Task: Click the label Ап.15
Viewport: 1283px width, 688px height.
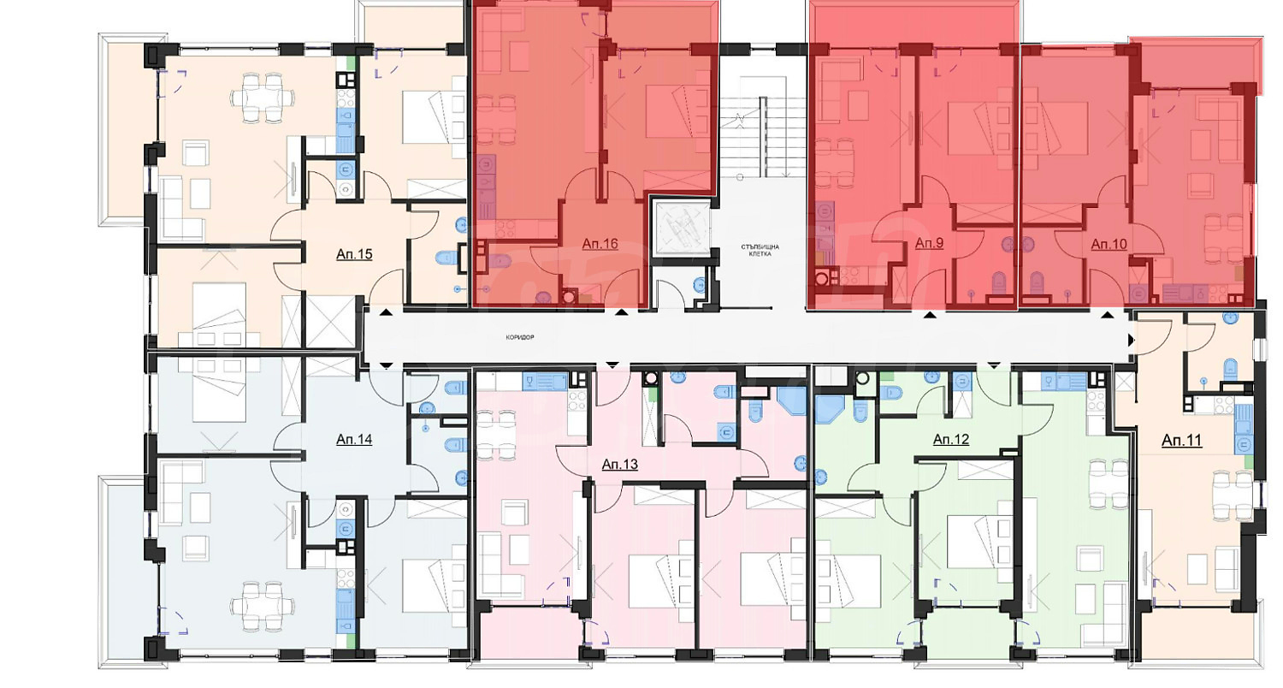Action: (354, 254)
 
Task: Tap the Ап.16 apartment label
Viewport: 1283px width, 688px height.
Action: (600, 244)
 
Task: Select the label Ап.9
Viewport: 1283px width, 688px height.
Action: (929, 243)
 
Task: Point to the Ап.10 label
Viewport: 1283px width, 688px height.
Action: (1109, 244)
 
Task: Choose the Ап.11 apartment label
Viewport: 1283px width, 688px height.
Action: (1181, 440)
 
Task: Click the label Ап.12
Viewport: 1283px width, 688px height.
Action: (951, 439)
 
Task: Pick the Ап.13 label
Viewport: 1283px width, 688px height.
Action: (620, 464)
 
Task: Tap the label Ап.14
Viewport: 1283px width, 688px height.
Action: (354, 439)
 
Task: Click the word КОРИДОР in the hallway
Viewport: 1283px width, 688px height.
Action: (520, 337)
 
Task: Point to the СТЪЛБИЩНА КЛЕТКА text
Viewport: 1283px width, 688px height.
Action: (760, 251)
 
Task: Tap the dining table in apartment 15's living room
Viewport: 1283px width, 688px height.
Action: (263, 98)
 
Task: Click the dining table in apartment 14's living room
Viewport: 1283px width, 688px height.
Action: (263, 606)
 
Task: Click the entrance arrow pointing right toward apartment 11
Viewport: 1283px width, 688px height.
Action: (1131, 341)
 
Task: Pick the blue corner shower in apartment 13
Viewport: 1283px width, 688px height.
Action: (792, 400)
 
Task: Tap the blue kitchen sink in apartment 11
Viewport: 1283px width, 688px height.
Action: (1244, 430)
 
